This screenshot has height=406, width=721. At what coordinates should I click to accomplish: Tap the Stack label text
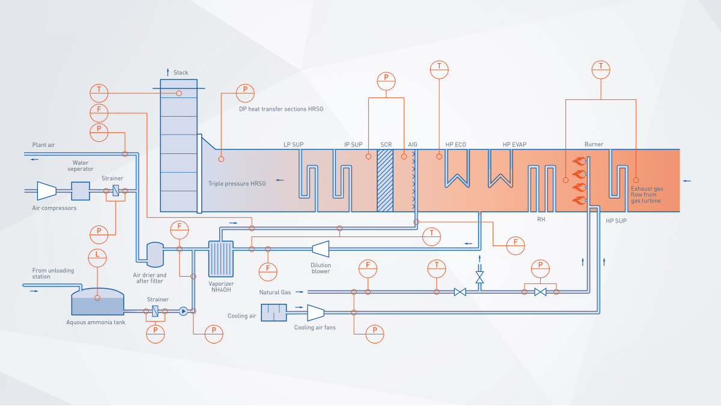click(x=181, y=73)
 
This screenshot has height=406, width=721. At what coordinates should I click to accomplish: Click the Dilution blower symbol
click(x=320, y=248)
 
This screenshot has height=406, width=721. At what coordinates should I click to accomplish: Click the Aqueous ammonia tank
click(x=98, y=303)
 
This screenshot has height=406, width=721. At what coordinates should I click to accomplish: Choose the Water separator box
click(x=80, y=191)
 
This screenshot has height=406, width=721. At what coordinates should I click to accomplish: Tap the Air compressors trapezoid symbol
click(x=46, y=191)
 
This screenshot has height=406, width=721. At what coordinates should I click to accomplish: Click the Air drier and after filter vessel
click(x=155, y=254)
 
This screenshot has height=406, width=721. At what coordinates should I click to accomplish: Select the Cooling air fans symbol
click(x=315, y=312)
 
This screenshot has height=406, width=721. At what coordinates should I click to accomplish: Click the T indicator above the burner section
click(x=601, y=69)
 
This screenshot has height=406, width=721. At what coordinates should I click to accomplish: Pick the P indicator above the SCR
click(x=386, y=81)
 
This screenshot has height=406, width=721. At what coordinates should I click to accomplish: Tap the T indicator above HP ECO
click(x=440, y=69)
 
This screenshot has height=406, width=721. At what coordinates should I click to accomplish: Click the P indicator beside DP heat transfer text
click(x=245, y=93)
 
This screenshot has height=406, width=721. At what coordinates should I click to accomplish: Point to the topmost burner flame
click(x=579, y=161)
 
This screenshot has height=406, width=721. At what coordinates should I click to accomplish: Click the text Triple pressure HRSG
click(x=237, y=183)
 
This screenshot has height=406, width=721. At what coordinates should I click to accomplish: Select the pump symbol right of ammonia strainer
click(x=183, y=312)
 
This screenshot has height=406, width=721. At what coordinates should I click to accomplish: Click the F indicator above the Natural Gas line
click(x=368, y=266)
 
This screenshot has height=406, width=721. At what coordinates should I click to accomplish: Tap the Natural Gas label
click(x=275, y=292)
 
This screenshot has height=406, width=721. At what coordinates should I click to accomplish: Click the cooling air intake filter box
click(x=274, y=313)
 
